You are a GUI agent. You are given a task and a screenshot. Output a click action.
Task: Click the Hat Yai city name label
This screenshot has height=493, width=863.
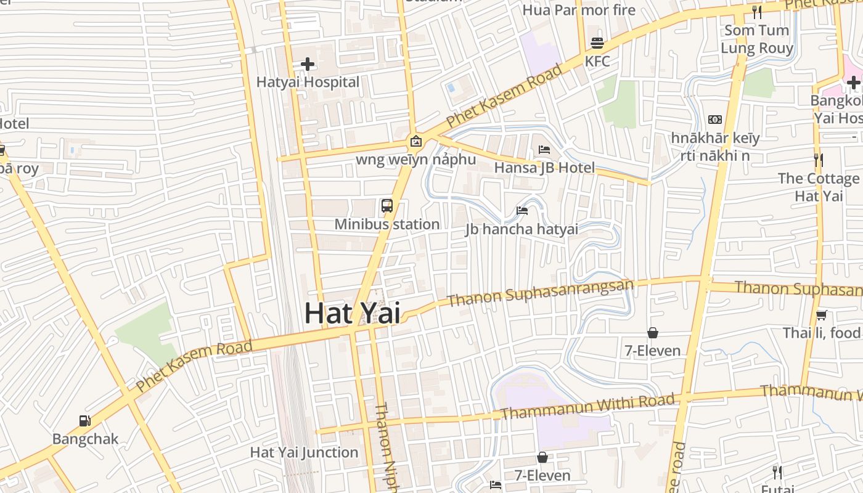coord(352,313)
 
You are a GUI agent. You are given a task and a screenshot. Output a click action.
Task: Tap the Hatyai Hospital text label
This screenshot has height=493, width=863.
coord(308,82)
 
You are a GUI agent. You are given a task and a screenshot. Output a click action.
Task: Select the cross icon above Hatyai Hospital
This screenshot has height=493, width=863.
coord(308,63)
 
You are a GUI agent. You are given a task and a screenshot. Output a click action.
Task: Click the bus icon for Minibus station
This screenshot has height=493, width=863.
coord(387,206)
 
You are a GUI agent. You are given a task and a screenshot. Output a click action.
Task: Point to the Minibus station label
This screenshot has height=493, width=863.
coord(387,224)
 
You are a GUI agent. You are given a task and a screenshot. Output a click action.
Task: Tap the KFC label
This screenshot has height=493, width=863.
coord(597,61)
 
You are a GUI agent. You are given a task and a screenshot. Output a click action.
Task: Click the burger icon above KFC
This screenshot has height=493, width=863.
coord(597,43)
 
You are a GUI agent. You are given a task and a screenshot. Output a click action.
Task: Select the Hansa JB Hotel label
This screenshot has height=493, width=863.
coord(544,168)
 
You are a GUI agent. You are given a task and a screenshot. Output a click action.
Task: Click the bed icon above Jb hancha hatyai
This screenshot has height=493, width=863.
coord(521,211)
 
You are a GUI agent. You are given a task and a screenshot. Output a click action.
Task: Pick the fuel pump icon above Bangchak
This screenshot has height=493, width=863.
coord(85,421)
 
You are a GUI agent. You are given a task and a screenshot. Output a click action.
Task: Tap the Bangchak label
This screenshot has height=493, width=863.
coord(85,439)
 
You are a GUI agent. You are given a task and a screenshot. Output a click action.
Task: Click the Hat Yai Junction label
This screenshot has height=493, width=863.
coord(304,452)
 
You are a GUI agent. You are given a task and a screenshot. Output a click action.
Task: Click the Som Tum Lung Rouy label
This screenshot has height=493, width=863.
coord(756,39)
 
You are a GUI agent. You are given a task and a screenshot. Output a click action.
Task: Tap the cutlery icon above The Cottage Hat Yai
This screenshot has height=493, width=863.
coord(818,160)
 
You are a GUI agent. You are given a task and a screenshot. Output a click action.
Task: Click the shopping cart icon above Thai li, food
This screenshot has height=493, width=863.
coord(821,315)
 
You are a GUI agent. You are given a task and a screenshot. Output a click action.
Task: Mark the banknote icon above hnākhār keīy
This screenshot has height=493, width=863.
coord(715,120)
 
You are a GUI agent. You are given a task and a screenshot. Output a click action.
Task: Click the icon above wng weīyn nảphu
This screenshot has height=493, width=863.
coord(416,141)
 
